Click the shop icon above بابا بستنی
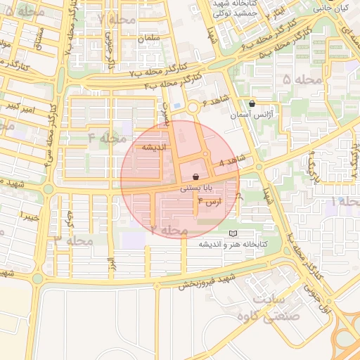click(x=195, y=177)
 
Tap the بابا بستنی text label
click(x=195, y=188)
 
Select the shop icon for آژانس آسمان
click(x=252, y=103)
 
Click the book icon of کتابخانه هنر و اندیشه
click(x=233, y=233)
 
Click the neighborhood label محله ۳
click(x=68, y=240)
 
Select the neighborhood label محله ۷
click(x=117, y=18)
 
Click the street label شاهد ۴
click(x=232, y=161)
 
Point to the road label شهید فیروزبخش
click(x=205, y=281)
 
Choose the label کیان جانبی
click(x=330, y=8)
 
